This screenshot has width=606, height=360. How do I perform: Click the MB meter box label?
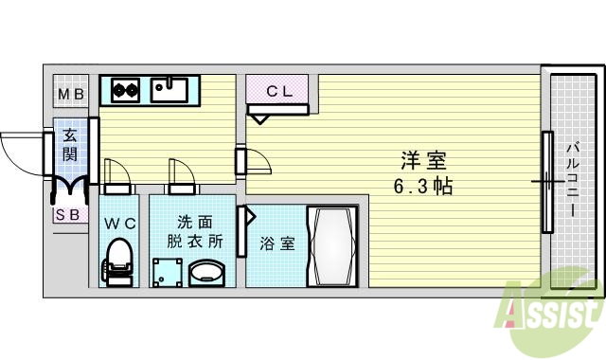pos(70,94)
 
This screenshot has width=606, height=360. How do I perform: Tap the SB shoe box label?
pos(67,214)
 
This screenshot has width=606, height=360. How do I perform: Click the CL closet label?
pos(278,92)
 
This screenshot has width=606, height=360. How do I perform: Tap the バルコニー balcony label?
pos(574,181)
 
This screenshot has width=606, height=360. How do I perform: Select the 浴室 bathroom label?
pos(276,243)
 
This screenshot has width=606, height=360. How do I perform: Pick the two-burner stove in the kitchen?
pos(126,91)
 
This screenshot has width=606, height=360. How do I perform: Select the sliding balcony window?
pos(546,181)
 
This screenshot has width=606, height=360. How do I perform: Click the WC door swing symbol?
pos(117,172)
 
